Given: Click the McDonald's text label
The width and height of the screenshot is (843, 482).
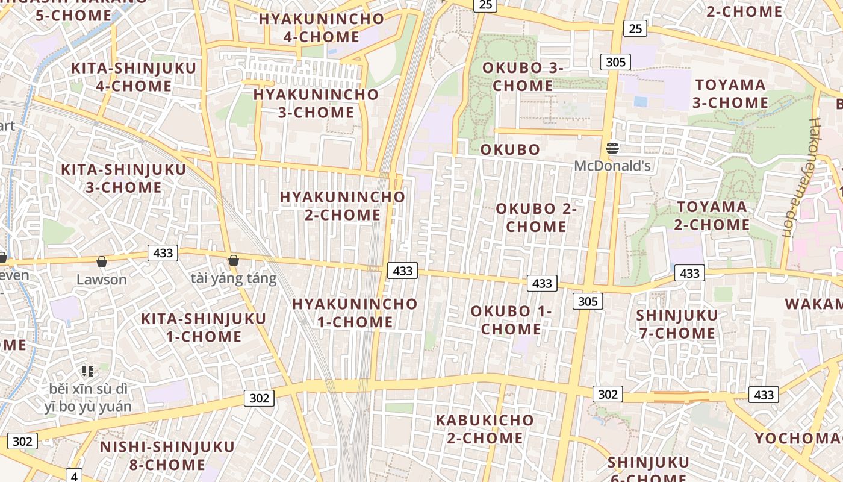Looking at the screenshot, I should pyautogui.click(x=612, y=166).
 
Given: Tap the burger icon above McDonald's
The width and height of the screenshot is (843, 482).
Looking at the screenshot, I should pyautogui.click(x=612, y=148).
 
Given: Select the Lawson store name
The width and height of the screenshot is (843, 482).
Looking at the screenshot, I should pyautogui.click(x=102, y=280).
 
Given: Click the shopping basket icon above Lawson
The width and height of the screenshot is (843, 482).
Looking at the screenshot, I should pyautogui.click(x=102, y=261).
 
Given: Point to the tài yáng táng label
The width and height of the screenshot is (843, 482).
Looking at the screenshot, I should pyautogui.click(x=234, y=278).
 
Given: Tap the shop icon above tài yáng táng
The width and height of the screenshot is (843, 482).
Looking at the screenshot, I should pyautogui.click(x=234, y=260).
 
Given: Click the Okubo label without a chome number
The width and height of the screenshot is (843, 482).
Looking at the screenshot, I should pyautogui.click(x=510, y=150).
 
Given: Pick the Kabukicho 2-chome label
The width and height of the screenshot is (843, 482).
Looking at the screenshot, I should pyautogui.click(x=485, y=429).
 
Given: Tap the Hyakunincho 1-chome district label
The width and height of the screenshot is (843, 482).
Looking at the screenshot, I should pyautogui.click(x=355, y=313).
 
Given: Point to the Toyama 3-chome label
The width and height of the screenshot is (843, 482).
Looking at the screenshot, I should pyautogui.click(x=730, y=94).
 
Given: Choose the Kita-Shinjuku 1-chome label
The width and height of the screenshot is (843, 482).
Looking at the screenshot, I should pyautogui.click(x=204, y=327).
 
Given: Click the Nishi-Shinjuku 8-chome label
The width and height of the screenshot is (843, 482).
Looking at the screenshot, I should pyautogui.click(x=167, y=455).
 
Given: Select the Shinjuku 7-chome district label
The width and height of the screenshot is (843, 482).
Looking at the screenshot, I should pyautogui.click(x=677, y=324).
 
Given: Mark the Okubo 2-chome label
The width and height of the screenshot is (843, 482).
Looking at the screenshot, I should pyautogui.click(x=536, y=218).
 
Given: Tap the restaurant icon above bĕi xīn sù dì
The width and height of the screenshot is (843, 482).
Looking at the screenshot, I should pyautogui.click(x=88, y=371).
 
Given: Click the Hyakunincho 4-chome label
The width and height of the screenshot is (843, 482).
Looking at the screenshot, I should pyautogui.click(x=322, y=28).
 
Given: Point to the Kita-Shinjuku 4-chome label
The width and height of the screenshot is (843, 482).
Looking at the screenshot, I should pyautogui.click(x=134, y=77).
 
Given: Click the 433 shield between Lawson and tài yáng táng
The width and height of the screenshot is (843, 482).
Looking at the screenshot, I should pyautogui.click(x=163, y=253).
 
